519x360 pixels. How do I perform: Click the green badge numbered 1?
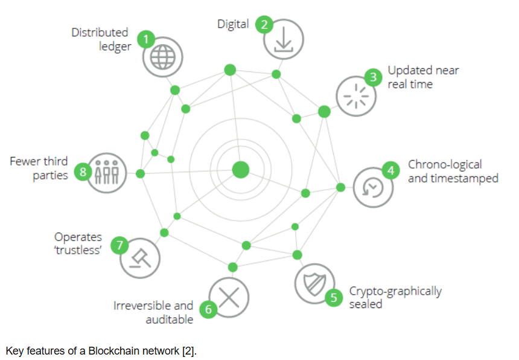click(x=145, y=40)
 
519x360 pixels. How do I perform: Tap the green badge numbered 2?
click(x=264, y=25)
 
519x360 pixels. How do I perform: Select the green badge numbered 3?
click(x=374, y=77)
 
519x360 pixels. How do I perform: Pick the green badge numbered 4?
click(x=390, y=171)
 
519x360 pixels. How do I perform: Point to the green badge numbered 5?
click(x=333, y=298)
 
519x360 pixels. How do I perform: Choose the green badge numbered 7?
click(x=120, y=245)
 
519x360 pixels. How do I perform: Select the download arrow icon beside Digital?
click(x=283, y=40)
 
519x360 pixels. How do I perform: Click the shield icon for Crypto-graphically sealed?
click(x=314, y=283)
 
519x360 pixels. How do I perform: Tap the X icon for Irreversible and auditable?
click(x=229, y=297)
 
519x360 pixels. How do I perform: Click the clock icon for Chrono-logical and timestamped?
click(x=373, y=188)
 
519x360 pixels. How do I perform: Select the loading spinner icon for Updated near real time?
click(x=355, y=96)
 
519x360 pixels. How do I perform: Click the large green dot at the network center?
click(x=241, y=170)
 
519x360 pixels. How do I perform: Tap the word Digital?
click(x=233, y=24)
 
